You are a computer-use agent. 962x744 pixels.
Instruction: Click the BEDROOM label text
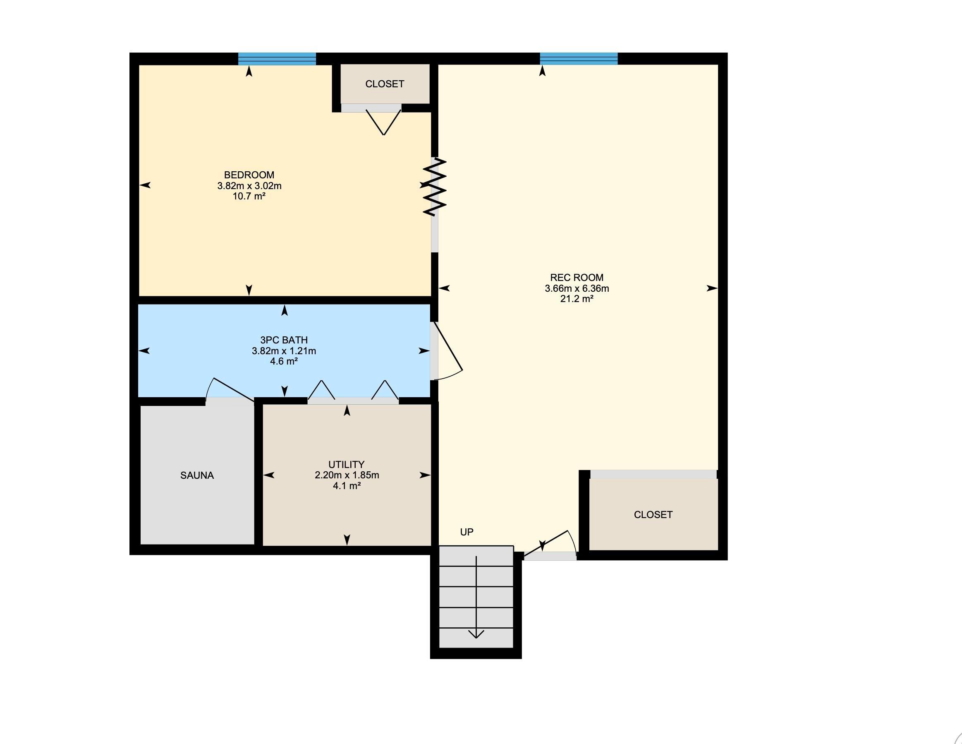tap(249, 175)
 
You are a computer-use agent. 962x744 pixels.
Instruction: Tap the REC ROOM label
tap(577, 278)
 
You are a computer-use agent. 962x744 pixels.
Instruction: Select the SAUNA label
tap(197, 475)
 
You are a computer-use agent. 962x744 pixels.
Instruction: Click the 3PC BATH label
tap(284, 340)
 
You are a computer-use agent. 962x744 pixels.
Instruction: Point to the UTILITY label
tap(346, 465)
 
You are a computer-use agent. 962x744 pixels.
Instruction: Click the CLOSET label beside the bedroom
tap(385, 84)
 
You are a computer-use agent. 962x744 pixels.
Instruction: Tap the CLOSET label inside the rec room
tap(653, 515)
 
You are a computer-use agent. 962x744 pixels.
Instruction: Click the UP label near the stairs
tap(467, 532)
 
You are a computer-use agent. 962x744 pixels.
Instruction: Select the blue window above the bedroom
tap(277, 59)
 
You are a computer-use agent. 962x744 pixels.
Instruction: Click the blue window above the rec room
tap(578, 59)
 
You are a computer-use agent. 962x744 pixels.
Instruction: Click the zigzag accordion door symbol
tap(435, 187)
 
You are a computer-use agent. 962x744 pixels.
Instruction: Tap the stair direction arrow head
tap(476, 634)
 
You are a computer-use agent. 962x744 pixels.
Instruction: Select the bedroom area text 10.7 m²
tap(249, 197)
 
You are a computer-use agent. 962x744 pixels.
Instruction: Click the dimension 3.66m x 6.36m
tap(577, 289)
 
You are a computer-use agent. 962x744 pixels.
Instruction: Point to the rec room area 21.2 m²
tap(577, 299)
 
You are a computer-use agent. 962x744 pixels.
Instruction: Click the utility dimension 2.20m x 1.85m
tap(347, 475)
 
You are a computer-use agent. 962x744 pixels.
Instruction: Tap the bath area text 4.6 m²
tap(284, 361)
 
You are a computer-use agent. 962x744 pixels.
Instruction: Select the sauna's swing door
tap(230, 389)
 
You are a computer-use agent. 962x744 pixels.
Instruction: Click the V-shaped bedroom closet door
tap(384, 122)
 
